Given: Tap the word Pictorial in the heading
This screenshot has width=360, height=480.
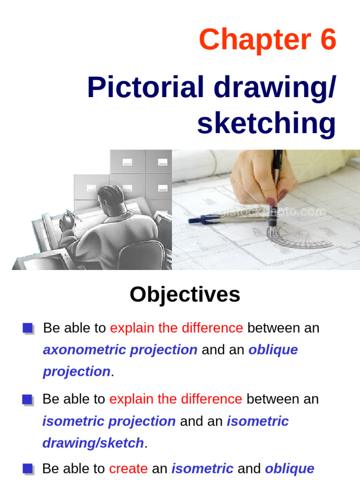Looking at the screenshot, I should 146,88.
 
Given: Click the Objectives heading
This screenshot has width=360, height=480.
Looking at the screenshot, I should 185,295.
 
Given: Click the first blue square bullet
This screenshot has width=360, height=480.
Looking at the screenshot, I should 28,328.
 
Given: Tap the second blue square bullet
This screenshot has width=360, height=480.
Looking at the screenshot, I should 28,399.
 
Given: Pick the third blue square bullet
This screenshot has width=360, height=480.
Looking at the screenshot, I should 28,469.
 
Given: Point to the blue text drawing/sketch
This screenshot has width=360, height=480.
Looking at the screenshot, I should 93,443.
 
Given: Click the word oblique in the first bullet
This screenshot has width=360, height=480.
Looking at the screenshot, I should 273,350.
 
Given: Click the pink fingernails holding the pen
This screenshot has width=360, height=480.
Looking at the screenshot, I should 282,193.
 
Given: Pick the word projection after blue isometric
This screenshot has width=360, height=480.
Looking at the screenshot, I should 142,421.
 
